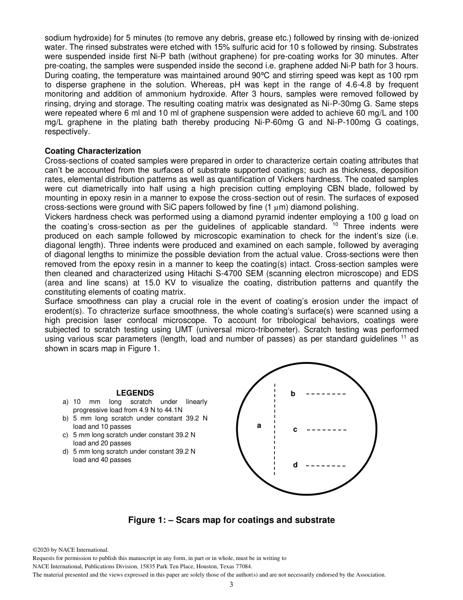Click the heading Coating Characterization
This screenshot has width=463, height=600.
(x=93, y=151)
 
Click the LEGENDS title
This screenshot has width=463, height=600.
(x=135, y=393)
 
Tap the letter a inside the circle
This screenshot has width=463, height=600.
(x=259, y=425)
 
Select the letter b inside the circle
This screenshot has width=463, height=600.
(x=293, y=394)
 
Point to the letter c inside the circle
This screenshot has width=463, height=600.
(x=295, y=429)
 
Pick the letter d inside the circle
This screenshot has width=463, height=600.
(x=295, y=465)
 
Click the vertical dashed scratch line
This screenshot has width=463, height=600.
(x=275, y=429)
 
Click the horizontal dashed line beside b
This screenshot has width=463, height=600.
(x=326, y=394)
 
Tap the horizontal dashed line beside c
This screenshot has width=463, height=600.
(x=327, y=430)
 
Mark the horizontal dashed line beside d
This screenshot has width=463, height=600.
(x=326, y=466)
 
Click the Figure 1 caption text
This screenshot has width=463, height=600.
(x=231, y=520)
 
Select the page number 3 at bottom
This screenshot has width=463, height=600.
(x=231, y=585)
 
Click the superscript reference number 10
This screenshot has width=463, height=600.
(x=335, y=224)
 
